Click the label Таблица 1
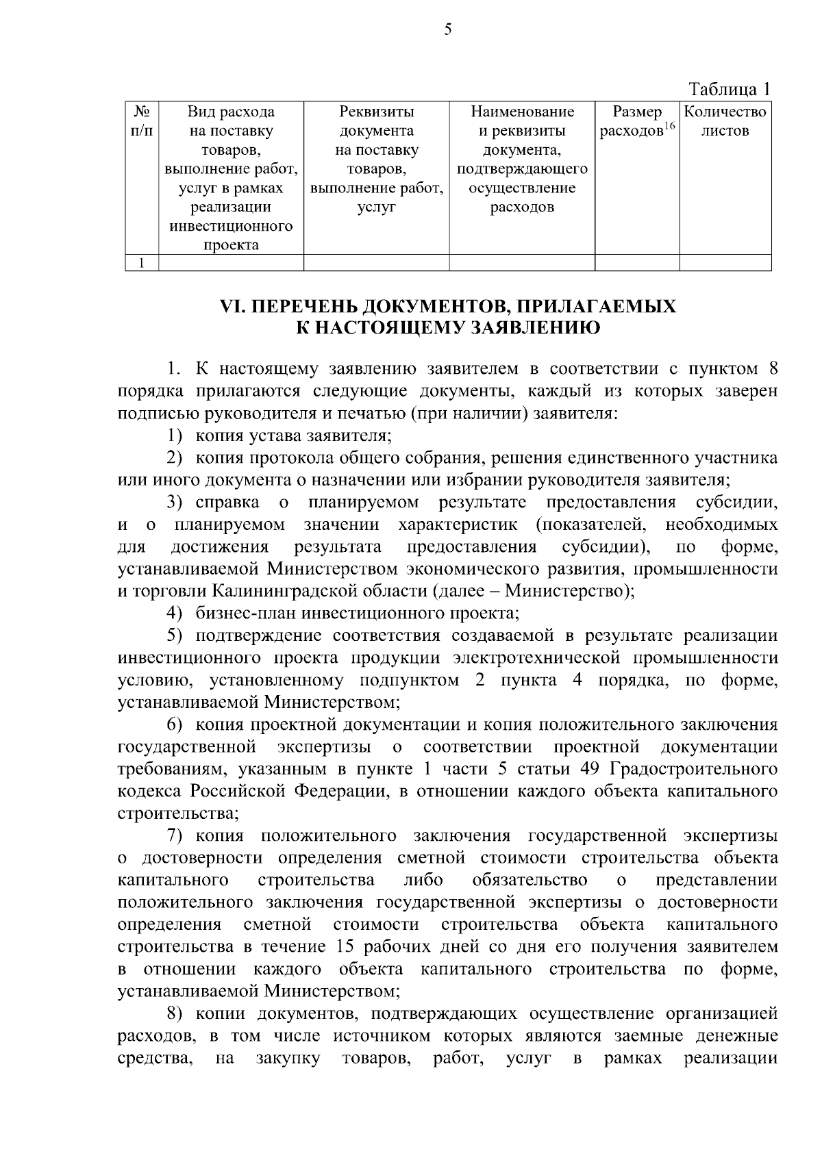pos(730,89)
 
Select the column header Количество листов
pos(725,121)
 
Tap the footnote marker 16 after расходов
pos(669,126)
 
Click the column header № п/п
pos(141,121)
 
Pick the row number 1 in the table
pos(141,263)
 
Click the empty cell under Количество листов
pos(725,263)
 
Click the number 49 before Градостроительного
pos(590,768)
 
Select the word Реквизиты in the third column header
pos(376,112)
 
